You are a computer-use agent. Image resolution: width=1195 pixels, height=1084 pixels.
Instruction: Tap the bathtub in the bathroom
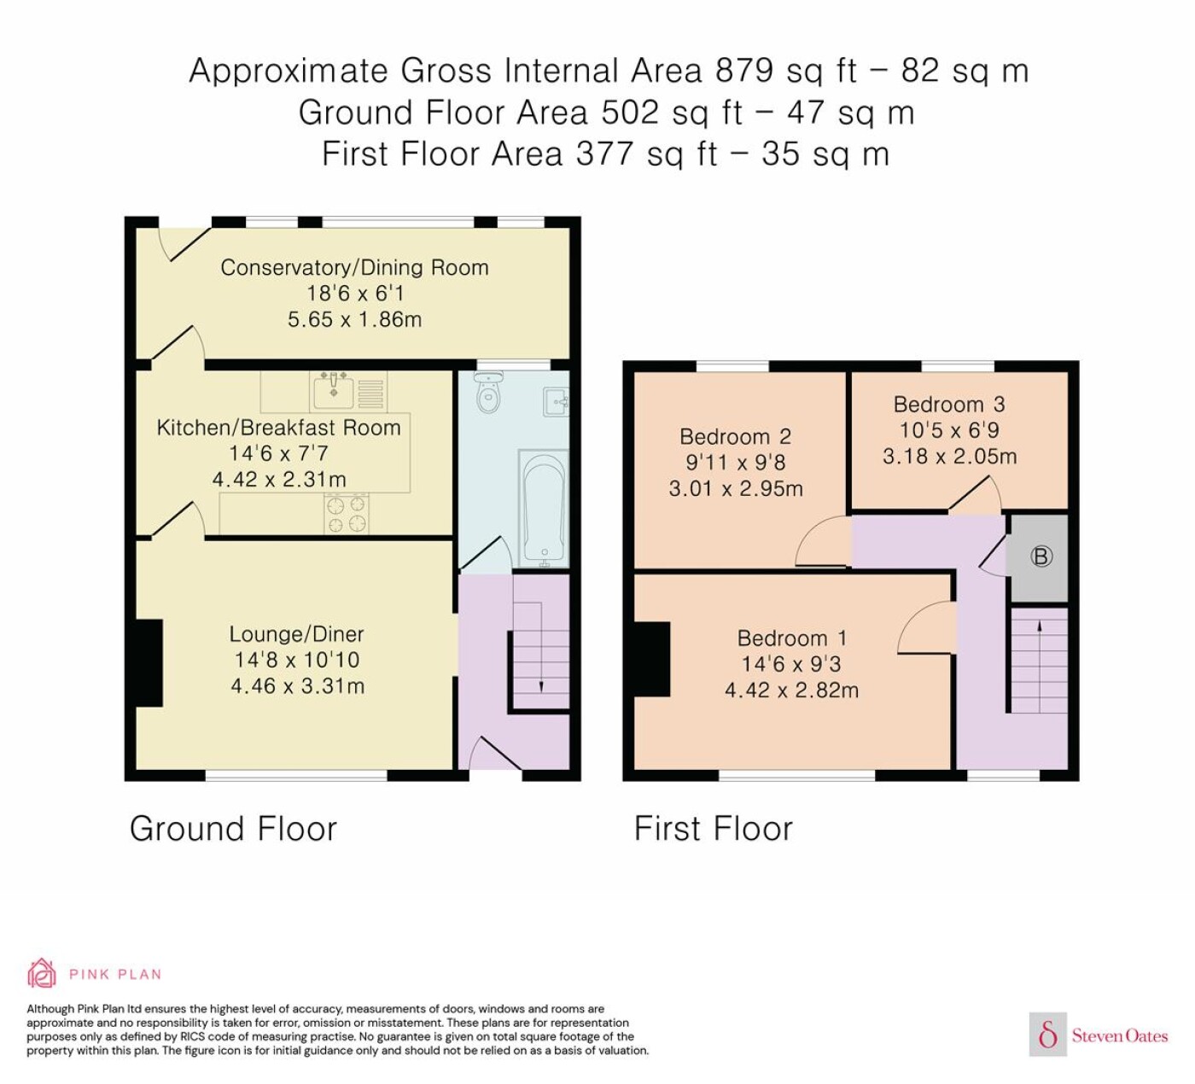543,509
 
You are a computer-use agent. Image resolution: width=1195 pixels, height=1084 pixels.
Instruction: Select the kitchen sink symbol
334,391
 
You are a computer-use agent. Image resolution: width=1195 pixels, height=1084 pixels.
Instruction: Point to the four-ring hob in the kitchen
346,515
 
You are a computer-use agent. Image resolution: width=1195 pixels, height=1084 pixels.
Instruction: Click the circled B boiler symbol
1041,557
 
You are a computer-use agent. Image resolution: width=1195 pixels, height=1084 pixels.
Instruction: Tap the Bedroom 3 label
949,405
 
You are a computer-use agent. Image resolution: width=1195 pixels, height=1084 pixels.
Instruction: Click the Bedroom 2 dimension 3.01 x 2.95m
736,489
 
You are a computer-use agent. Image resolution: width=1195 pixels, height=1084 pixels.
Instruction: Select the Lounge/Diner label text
297,633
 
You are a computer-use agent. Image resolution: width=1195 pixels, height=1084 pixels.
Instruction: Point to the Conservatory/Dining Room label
354,267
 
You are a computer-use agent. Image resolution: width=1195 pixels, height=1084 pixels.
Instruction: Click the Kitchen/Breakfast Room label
278,428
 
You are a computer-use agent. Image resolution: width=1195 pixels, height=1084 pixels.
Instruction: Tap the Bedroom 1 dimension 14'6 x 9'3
791,664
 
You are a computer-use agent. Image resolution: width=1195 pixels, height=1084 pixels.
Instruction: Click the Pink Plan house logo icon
42,974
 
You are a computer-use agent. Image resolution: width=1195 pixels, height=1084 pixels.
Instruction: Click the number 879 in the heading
744,70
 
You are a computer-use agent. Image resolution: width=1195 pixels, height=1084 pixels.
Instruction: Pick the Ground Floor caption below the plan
234,829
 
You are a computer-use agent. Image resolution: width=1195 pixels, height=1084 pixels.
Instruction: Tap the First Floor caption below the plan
713,829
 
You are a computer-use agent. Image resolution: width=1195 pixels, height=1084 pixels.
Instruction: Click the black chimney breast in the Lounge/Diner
149,663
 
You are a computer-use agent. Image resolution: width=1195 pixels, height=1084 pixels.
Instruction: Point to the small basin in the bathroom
557,402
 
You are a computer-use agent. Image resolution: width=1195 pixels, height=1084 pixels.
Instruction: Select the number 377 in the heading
604,154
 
